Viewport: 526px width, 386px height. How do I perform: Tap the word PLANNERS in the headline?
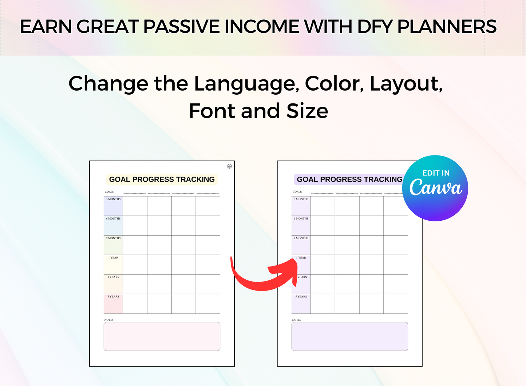click(x=447, y=27)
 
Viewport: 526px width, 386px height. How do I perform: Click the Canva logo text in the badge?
click(x=435, y=188)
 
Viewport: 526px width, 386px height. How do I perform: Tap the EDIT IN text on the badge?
click(x=436, y=173)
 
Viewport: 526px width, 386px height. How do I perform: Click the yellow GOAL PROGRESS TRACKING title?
click(x=162, y=179)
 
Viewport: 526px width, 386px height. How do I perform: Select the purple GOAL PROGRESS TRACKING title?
click(x=349, y=179)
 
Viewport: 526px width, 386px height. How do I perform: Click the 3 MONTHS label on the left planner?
click(x=113, y=199)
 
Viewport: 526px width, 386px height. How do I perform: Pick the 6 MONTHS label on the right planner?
click(x=301, y=218)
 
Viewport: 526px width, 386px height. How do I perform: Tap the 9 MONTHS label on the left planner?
click(x=113, y=238)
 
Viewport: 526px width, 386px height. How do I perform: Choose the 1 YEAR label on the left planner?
click(x=113, y=257)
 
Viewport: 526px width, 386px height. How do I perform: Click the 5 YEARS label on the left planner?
click(x=113, y=296)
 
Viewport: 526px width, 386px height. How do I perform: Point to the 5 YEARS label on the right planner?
click(x=301, y=296)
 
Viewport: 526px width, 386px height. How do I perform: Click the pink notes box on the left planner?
click(x=162, y=336)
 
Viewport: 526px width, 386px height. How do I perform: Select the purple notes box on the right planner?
click(x=349, y=336)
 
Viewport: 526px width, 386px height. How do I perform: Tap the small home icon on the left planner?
click(x=229, y=166)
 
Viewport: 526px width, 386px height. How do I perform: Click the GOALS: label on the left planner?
click(x=110, y=192)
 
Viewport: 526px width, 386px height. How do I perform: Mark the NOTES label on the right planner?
click(x=297, y=320)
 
